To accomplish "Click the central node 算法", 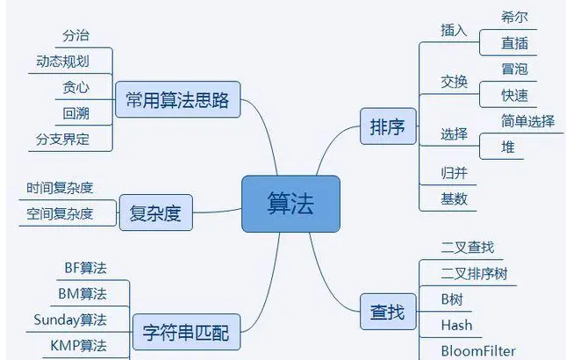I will coord(290,204).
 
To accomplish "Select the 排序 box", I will coord(387,127).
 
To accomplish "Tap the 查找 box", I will coord(387,311).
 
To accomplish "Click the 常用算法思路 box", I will coord(177,100).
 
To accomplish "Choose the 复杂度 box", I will coord(154,212).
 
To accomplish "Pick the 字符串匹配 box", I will coord(185,333).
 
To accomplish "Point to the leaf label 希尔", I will coord(514,17).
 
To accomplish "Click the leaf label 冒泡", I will coord(514,69).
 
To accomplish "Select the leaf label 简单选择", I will coord(527,121).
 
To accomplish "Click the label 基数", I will coord(455,198).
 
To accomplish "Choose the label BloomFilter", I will coord(478,350).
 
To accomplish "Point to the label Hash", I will coord(456,325).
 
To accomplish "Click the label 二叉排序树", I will coord(474,274).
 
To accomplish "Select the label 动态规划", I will coord(62,61).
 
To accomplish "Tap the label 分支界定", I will coord(62,139).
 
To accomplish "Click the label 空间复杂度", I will coord(60,212).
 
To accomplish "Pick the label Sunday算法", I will coord(70,319).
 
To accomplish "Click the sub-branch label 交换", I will coord(455,82).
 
